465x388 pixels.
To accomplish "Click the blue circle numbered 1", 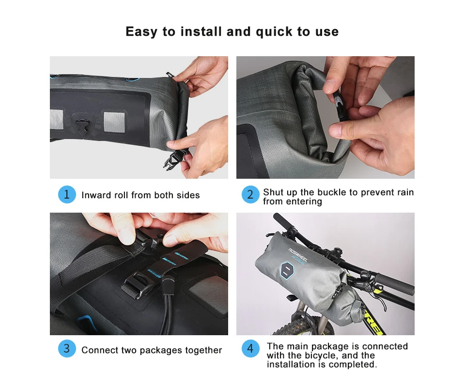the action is [67, 195].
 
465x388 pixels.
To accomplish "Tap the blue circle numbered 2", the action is [250, 195].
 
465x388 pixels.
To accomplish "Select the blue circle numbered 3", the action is [67, 349].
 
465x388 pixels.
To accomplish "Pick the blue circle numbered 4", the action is [250, 349].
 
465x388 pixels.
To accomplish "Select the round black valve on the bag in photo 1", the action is [81, 124].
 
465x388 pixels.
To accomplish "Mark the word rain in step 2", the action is [405, 192].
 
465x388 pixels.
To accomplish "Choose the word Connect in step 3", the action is [98, 350].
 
